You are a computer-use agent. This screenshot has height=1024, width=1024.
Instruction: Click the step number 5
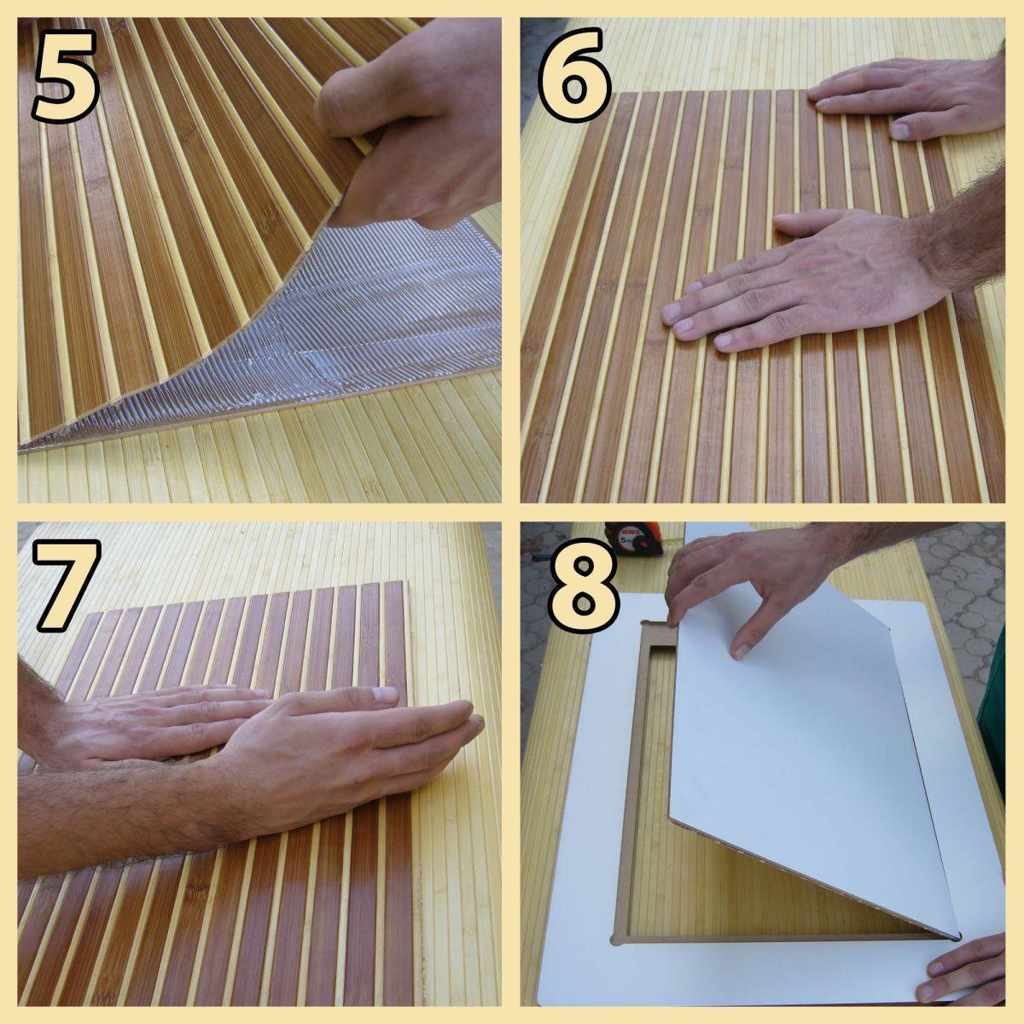pyautogui.click(x=67, y=76)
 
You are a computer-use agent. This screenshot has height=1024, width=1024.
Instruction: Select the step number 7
pyautogui.click(x=67, y=585)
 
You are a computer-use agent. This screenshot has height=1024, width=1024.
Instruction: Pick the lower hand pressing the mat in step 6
pyautogui.click(x=813, y=276)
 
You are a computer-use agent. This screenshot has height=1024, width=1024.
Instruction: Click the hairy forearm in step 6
pyautogui.click(x=962, y=229)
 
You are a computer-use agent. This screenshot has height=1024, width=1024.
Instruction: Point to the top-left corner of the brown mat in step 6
pyautogui.click(x=623, y=94)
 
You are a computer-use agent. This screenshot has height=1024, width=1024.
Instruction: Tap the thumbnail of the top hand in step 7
pyautogui.click(x=385, y=694)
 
